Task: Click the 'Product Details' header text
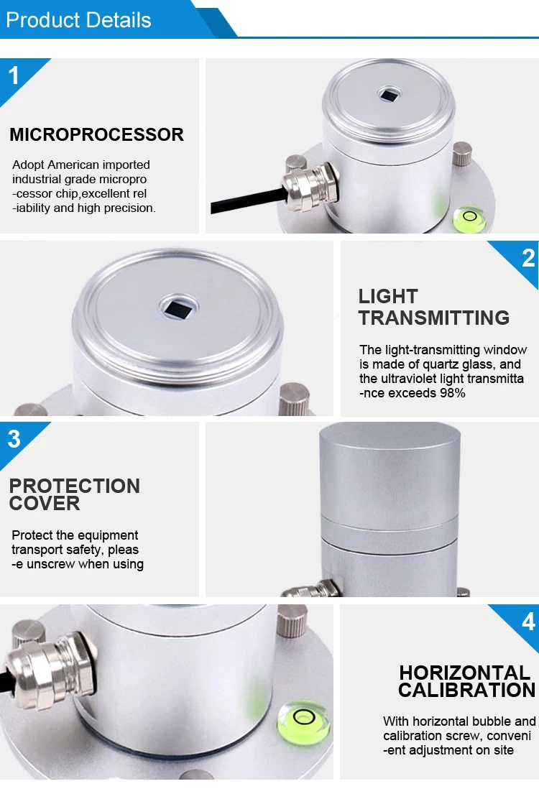pos(78,19)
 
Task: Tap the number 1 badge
pos(14,75)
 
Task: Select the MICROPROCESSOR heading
pos(96,134)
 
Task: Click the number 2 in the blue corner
pos(528,258)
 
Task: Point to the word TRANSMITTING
pos(434,317)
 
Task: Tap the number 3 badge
pos(14,439)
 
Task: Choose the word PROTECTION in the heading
pos(75,486)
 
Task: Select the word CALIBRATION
pos(466,691)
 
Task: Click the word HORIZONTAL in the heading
pos(465,673)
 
